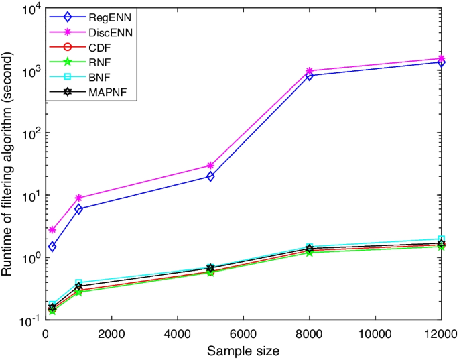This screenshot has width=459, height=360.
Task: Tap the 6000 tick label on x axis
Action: point(243,333)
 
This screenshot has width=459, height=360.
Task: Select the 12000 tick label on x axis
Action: point(439,333)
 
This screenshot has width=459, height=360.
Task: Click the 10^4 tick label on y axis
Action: point(28,9)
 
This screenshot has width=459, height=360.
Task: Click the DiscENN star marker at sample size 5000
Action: point(210,165)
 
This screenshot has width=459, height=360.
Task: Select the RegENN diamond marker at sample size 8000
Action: point(309,76)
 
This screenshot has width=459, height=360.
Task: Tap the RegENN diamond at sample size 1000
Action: point(79,209)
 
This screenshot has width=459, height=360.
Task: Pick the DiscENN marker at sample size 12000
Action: point(440,59)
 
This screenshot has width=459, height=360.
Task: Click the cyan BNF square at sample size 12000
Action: point(440,239)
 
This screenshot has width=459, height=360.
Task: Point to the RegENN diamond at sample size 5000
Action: point(210,176)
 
